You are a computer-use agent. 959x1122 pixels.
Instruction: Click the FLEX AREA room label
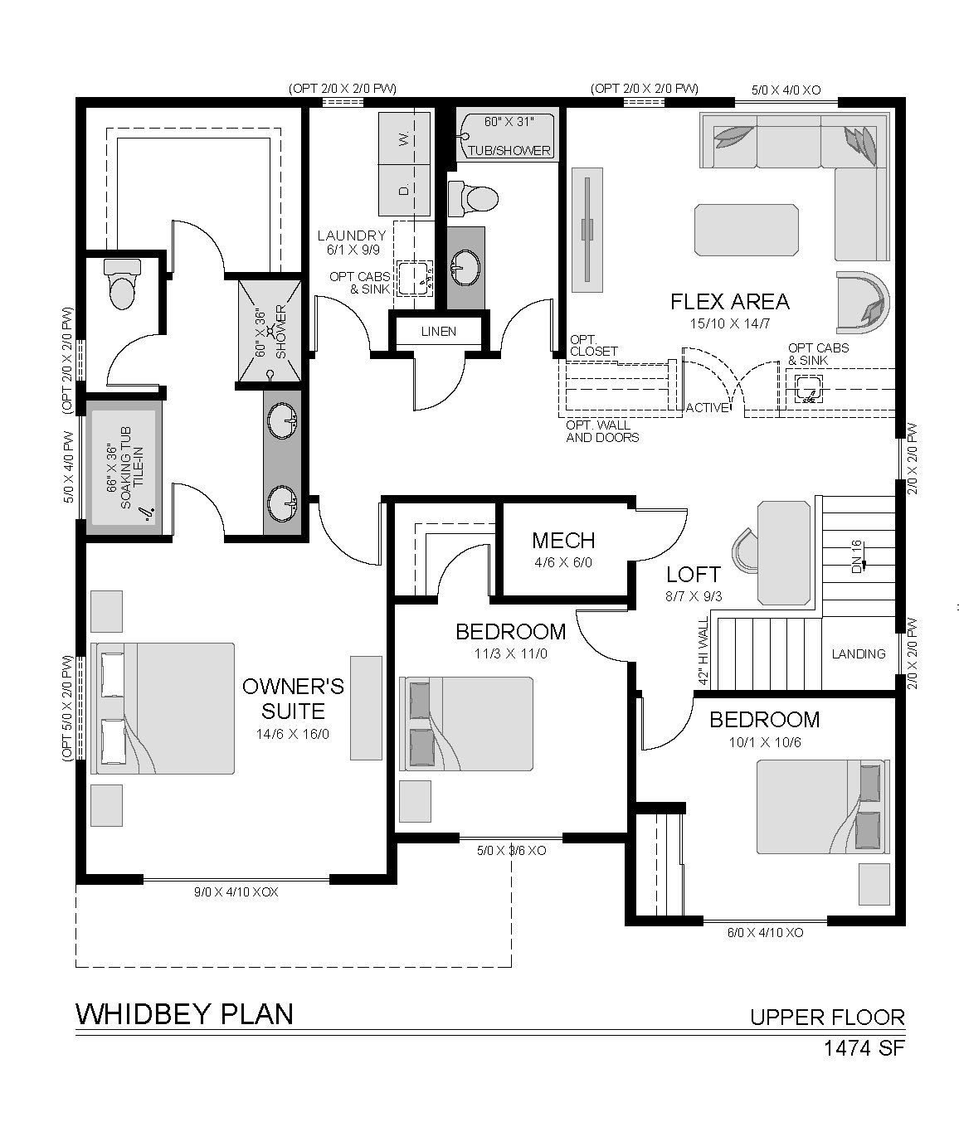729,301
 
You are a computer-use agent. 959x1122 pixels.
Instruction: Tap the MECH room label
563,541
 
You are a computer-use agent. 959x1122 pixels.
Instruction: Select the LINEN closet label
438,331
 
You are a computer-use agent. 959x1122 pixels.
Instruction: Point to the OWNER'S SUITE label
293,698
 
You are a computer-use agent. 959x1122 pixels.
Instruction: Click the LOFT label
693,575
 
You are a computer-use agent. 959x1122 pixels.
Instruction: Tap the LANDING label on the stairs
859,653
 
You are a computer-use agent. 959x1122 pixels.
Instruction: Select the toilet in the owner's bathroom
122,284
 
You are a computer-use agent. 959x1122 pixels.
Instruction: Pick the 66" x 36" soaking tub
124,468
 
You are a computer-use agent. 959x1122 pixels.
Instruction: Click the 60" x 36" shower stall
270,332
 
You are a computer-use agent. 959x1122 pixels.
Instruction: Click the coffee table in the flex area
746,230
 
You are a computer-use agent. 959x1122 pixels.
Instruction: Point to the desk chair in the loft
744,551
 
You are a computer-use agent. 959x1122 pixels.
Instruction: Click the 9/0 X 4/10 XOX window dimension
236,891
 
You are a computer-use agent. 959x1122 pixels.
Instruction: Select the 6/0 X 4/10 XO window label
765,932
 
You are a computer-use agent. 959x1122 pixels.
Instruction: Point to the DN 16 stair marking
857,556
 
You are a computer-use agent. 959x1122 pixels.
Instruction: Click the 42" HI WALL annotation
703,651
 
